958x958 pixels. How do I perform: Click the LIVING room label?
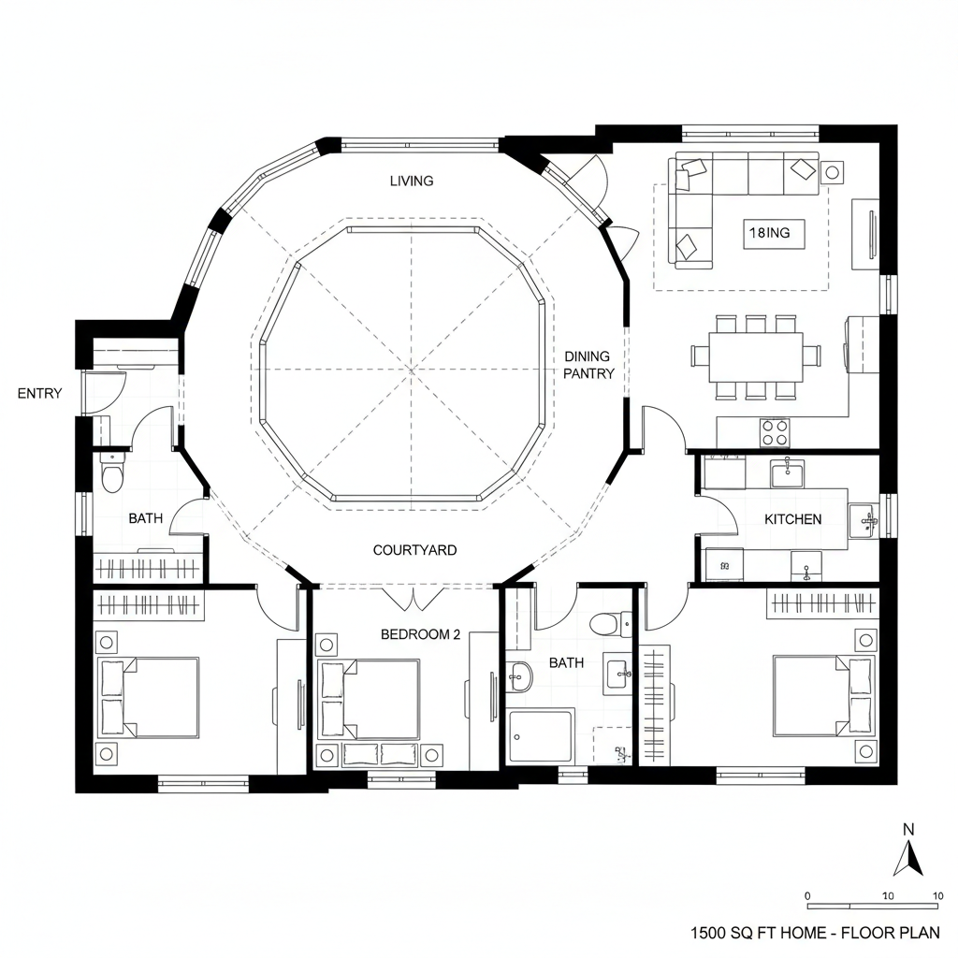(412, 181)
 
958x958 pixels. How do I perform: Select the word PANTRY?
(588, 374)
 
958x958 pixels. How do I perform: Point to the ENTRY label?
(39, 394)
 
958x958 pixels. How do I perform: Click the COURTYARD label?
(414, 550)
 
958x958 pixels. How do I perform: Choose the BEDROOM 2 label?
(420, 634)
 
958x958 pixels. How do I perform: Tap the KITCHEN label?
(792, 519)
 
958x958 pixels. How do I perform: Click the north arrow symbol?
(907, 858)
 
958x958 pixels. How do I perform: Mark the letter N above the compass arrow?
(907, 829)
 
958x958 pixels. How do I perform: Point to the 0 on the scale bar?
(808, 895)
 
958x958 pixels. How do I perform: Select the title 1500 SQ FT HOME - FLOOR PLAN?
(815, 933)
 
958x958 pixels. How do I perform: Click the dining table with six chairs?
(756, 356)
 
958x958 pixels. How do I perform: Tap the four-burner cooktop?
(775, 432)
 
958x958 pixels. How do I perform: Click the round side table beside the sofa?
(832, 172)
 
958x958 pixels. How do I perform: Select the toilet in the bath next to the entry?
(113, 475)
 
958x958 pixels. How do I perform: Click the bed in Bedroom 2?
(370, 699)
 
